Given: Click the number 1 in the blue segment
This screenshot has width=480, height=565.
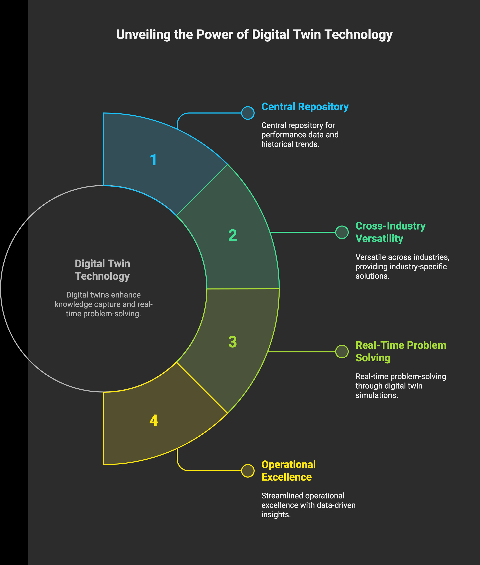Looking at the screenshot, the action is (153, 160).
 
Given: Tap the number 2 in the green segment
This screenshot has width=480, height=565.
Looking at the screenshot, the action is (232, 235).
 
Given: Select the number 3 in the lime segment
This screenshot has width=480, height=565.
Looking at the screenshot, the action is (232, 342).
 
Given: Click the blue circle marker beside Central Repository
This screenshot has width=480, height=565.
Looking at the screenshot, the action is (248, 113).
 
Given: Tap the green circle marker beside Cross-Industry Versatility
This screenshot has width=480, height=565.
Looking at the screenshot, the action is (342, 232).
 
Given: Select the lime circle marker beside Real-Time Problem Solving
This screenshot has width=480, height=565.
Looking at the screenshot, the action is (342, 352).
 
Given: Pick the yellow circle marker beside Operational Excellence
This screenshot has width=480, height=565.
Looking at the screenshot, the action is (248, 471).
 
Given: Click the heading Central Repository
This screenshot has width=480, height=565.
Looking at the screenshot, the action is (305, 107).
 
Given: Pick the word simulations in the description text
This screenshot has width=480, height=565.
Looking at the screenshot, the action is (377, 395).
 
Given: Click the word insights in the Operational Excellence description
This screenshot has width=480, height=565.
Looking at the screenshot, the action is (276, 515).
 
